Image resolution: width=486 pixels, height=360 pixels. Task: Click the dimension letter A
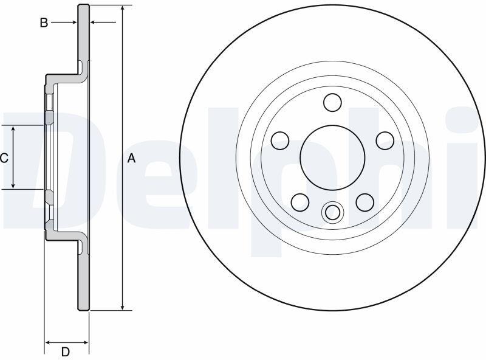tap(132, 158)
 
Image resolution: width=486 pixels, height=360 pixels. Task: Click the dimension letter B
tap(44, 22)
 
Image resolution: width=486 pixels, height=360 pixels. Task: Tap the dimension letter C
tap(4, 158)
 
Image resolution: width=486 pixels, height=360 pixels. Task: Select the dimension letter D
tap(66, 352)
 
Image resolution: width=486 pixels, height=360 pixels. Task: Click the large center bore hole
tap(332, 157)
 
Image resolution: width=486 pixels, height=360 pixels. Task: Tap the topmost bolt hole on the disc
tap(332, 102)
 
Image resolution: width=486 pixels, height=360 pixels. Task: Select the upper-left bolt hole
tap(280, 140)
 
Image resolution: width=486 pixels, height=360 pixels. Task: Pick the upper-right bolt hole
tap(385, 140)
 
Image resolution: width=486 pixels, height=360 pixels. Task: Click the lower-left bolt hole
tap(300, 202)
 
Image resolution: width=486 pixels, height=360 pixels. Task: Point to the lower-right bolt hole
tap(365, 202)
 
